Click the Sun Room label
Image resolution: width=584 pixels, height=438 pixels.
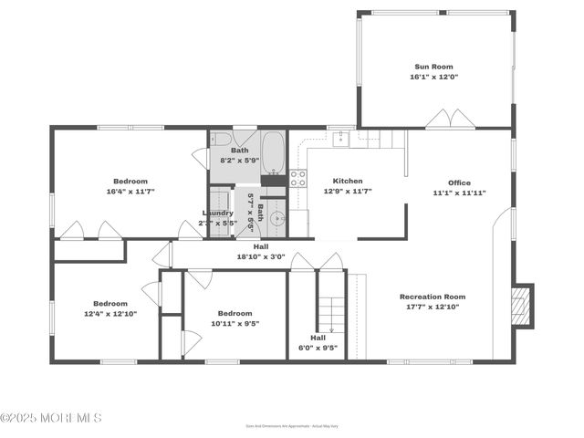pyautogui.click(x=433, y=67)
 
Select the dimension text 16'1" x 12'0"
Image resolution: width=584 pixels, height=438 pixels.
pyautogui.click(x=433, y=77)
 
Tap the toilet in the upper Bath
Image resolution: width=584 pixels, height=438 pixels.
pyautogui.click(x=221, y=140)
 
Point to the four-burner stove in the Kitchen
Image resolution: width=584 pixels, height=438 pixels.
pyautogui.click(x=297, y=178)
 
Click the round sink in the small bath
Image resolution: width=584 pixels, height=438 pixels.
pyautogui.click(x=276, y=218)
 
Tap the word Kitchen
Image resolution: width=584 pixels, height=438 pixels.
pyautogui.click(x=348, y=181)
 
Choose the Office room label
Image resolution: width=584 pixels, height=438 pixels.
pyautogui.click(x=459, y=182)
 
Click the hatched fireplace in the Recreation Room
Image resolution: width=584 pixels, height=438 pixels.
pyautogui.click(x=521, y=307)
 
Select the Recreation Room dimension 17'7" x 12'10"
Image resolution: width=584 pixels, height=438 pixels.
pyautogui.click(x=433, y=307)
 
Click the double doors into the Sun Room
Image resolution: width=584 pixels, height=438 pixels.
pyautogui.click(x=451, y=119)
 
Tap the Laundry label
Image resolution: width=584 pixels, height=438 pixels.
pyautogui.click(x=217, y=213)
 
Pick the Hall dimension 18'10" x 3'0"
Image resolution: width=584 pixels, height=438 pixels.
pyautogui.click(x=261, y=256)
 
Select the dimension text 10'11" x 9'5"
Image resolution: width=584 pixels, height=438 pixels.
pyautogui.click(x=235, y=323)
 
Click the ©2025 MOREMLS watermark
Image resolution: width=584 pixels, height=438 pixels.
pyautogui.click(x=51, y=418)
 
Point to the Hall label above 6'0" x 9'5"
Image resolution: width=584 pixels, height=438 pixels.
pyautogui.click(x=318, y=337)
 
